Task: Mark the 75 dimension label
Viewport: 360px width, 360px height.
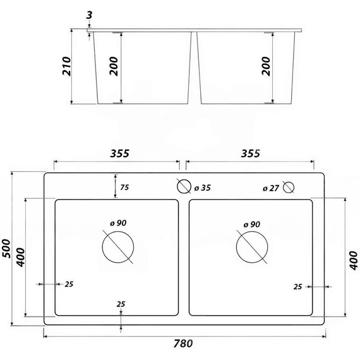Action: click(x=125, y=187)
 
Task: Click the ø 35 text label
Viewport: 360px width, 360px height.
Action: click(x=203, y=188)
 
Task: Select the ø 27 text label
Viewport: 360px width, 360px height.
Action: click(x=270, y=188)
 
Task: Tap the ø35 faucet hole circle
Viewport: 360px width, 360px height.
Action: click(x=184, y=187)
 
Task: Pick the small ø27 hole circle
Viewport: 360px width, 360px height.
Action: click(x=289, y=187)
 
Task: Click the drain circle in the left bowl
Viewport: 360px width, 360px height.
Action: click(x=118, y=246)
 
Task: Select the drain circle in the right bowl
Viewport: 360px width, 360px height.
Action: click(x=251, y=246)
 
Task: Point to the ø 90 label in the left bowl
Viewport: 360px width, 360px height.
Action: click(x=118, y=223)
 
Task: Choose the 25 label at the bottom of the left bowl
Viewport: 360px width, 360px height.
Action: click(x=121, y=304)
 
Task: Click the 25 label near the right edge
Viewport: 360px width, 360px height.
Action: click(x=297, y=287)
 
